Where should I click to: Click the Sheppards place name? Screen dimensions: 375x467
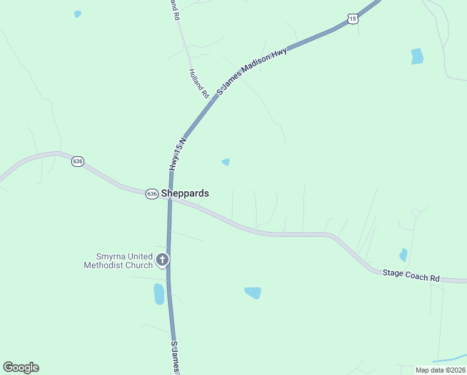pyautogui.click(x=185, y=194)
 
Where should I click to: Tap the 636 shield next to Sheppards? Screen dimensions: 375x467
pyautogui.click(x=152, y=194)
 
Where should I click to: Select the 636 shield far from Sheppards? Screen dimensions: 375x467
pyautogui.click(x=77, y=161)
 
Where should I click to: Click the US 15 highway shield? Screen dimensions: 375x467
pyautogui.click(x=353, y=19)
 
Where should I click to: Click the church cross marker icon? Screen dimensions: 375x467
pyautogui.click(x=162, y=259)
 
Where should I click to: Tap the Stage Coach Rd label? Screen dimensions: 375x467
pyautogui.click(x=411, y=274)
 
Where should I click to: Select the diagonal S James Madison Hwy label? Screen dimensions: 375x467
pyautogui.click(x=252, y=71)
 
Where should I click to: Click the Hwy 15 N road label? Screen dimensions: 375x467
pyautogui.click(x=177, y=154)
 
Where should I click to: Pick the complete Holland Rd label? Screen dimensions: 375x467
pyautogui.click(x=198, y=83)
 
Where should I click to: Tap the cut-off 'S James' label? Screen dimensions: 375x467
pyautogui.click(x=175, y=357)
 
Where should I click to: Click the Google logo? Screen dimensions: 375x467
pyautogui.click(x=21, y=367)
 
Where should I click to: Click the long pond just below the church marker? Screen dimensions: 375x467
pyautogui.click(x=159, y=293)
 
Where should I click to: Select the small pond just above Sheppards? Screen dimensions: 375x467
pyautogui.click(x=225, y=162)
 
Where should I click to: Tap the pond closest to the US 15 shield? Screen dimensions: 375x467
pyautogui.click(x=416, y=56)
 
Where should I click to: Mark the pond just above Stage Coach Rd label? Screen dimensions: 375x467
pyautogui.click(x=403, y=254)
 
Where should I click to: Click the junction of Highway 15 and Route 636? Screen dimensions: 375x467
pyautogui.click(x=170, y=199)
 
